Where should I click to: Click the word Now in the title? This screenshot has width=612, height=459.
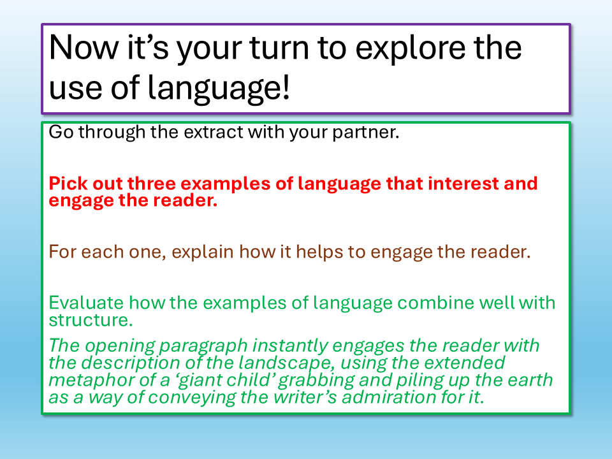[x=84, y=48]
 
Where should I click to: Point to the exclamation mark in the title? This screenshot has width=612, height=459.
[x=286, y=86]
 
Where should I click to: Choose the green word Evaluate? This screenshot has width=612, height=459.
[x=87, y=303]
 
